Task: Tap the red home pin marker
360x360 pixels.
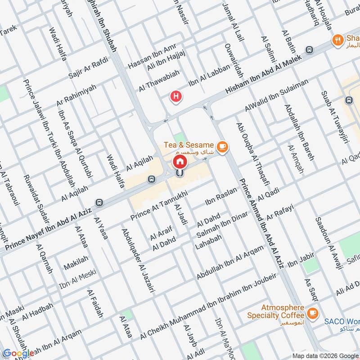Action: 180,162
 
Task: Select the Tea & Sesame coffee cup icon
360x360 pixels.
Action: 221,146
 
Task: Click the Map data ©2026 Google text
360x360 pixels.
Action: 325,355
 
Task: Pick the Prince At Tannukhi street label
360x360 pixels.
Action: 158,205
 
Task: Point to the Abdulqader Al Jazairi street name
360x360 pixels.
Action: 137,261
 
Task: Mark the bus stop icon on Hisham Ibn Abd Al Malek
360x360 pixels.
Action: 309,49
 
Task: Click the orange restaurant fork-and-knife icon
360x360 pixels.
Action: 337,40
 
